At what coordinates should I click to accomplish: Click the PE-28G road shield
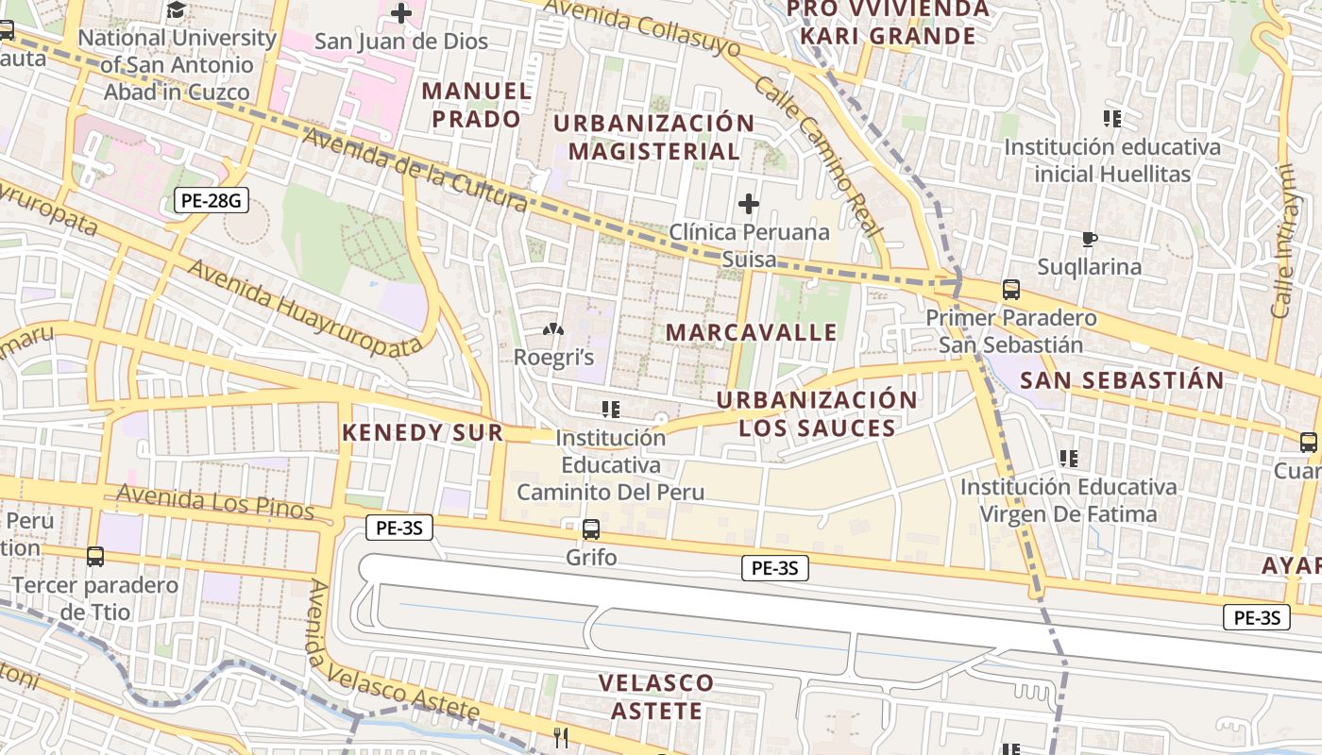click(x=211, y=200)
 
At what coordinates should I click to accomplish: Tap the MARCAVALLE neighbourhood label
click(x=752, y=332)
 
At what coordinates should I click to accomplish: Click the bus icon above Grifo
click(x=591, y=529)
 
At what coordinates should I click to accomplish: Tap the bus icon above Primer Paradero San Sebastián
click(x=1011, y=290)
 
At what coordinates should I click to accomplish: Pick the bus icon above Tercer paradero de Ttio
click(x=95, y=557)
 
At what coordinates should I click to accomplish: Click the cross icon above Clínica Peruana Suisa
click(x=749, y=204)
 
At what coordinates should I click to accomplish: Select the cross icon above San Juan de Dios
click(x=401, y=13)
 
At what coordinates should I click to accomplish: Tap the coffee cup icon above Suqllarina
click(x=1090, y=240)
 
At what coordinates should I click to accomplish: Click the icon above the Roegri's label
click(x=553, y=330)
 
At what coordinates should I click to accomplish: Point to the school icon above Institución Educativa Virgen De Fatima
click(x=1069, y=460)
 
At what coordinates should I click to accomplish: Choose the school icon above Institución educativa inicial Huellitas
click(x=1112, y=119)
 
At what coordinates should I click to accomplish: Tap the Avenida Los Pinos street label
click(x=214, y=500)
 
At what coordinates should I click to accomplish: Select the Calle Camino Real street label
click(x=818, y=156)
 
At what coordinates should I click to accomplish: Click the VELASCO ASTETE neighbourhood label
click(x=657, y=696)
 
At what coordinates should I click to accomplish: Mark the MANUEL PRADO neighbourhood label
click(x=477, y=105)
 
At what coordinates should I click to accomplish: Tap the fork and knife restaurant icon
click(x=562, y=737)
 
